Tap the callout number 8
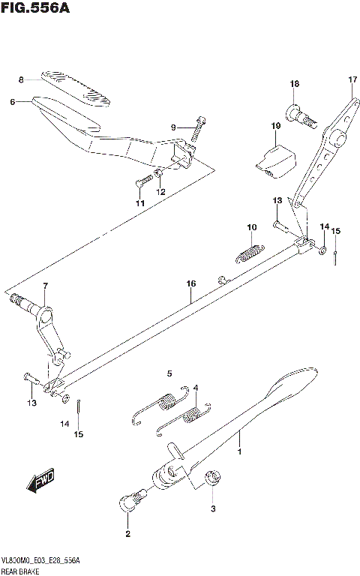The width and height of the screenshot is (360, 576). pos(22,79)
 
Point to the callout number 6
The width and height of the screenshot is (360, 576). pos(12,102)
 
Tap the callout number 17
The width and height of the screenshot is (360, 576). pos(352,79)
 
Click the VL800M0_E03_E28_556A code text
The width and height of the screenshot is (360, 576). pos(41,561)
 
